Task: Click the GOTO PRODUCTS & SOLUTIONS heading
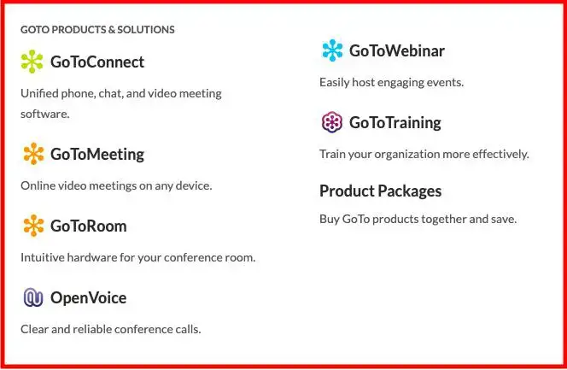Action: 97,30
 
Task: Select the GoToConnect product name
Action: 96,62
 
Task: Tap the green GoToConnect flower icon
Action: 32,62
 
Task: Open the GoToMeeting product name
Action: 96,154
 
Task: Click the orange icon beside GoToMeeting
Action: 32,154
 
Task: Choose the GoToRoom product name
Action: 88,226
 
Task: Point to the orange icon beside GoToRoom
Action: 32,226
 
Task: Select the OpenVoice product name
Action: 88,297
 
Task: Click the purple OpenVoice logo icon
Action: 32,297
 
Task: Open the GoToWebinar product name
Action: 396,50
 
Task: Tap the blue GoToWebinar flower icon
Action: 331,50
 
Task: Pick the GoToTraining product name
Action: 395,122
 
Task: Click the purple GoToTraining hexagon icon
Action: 331,122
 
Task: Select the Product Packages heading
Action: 380,191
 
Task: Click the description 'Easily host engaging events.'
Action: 391,83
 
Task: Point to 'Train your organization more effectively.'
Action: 424,155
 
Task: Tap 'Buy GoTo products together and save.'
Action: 418,219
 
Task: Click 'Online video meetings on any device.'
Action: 116,185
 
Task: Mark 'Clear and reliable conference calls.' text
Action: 110,329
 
